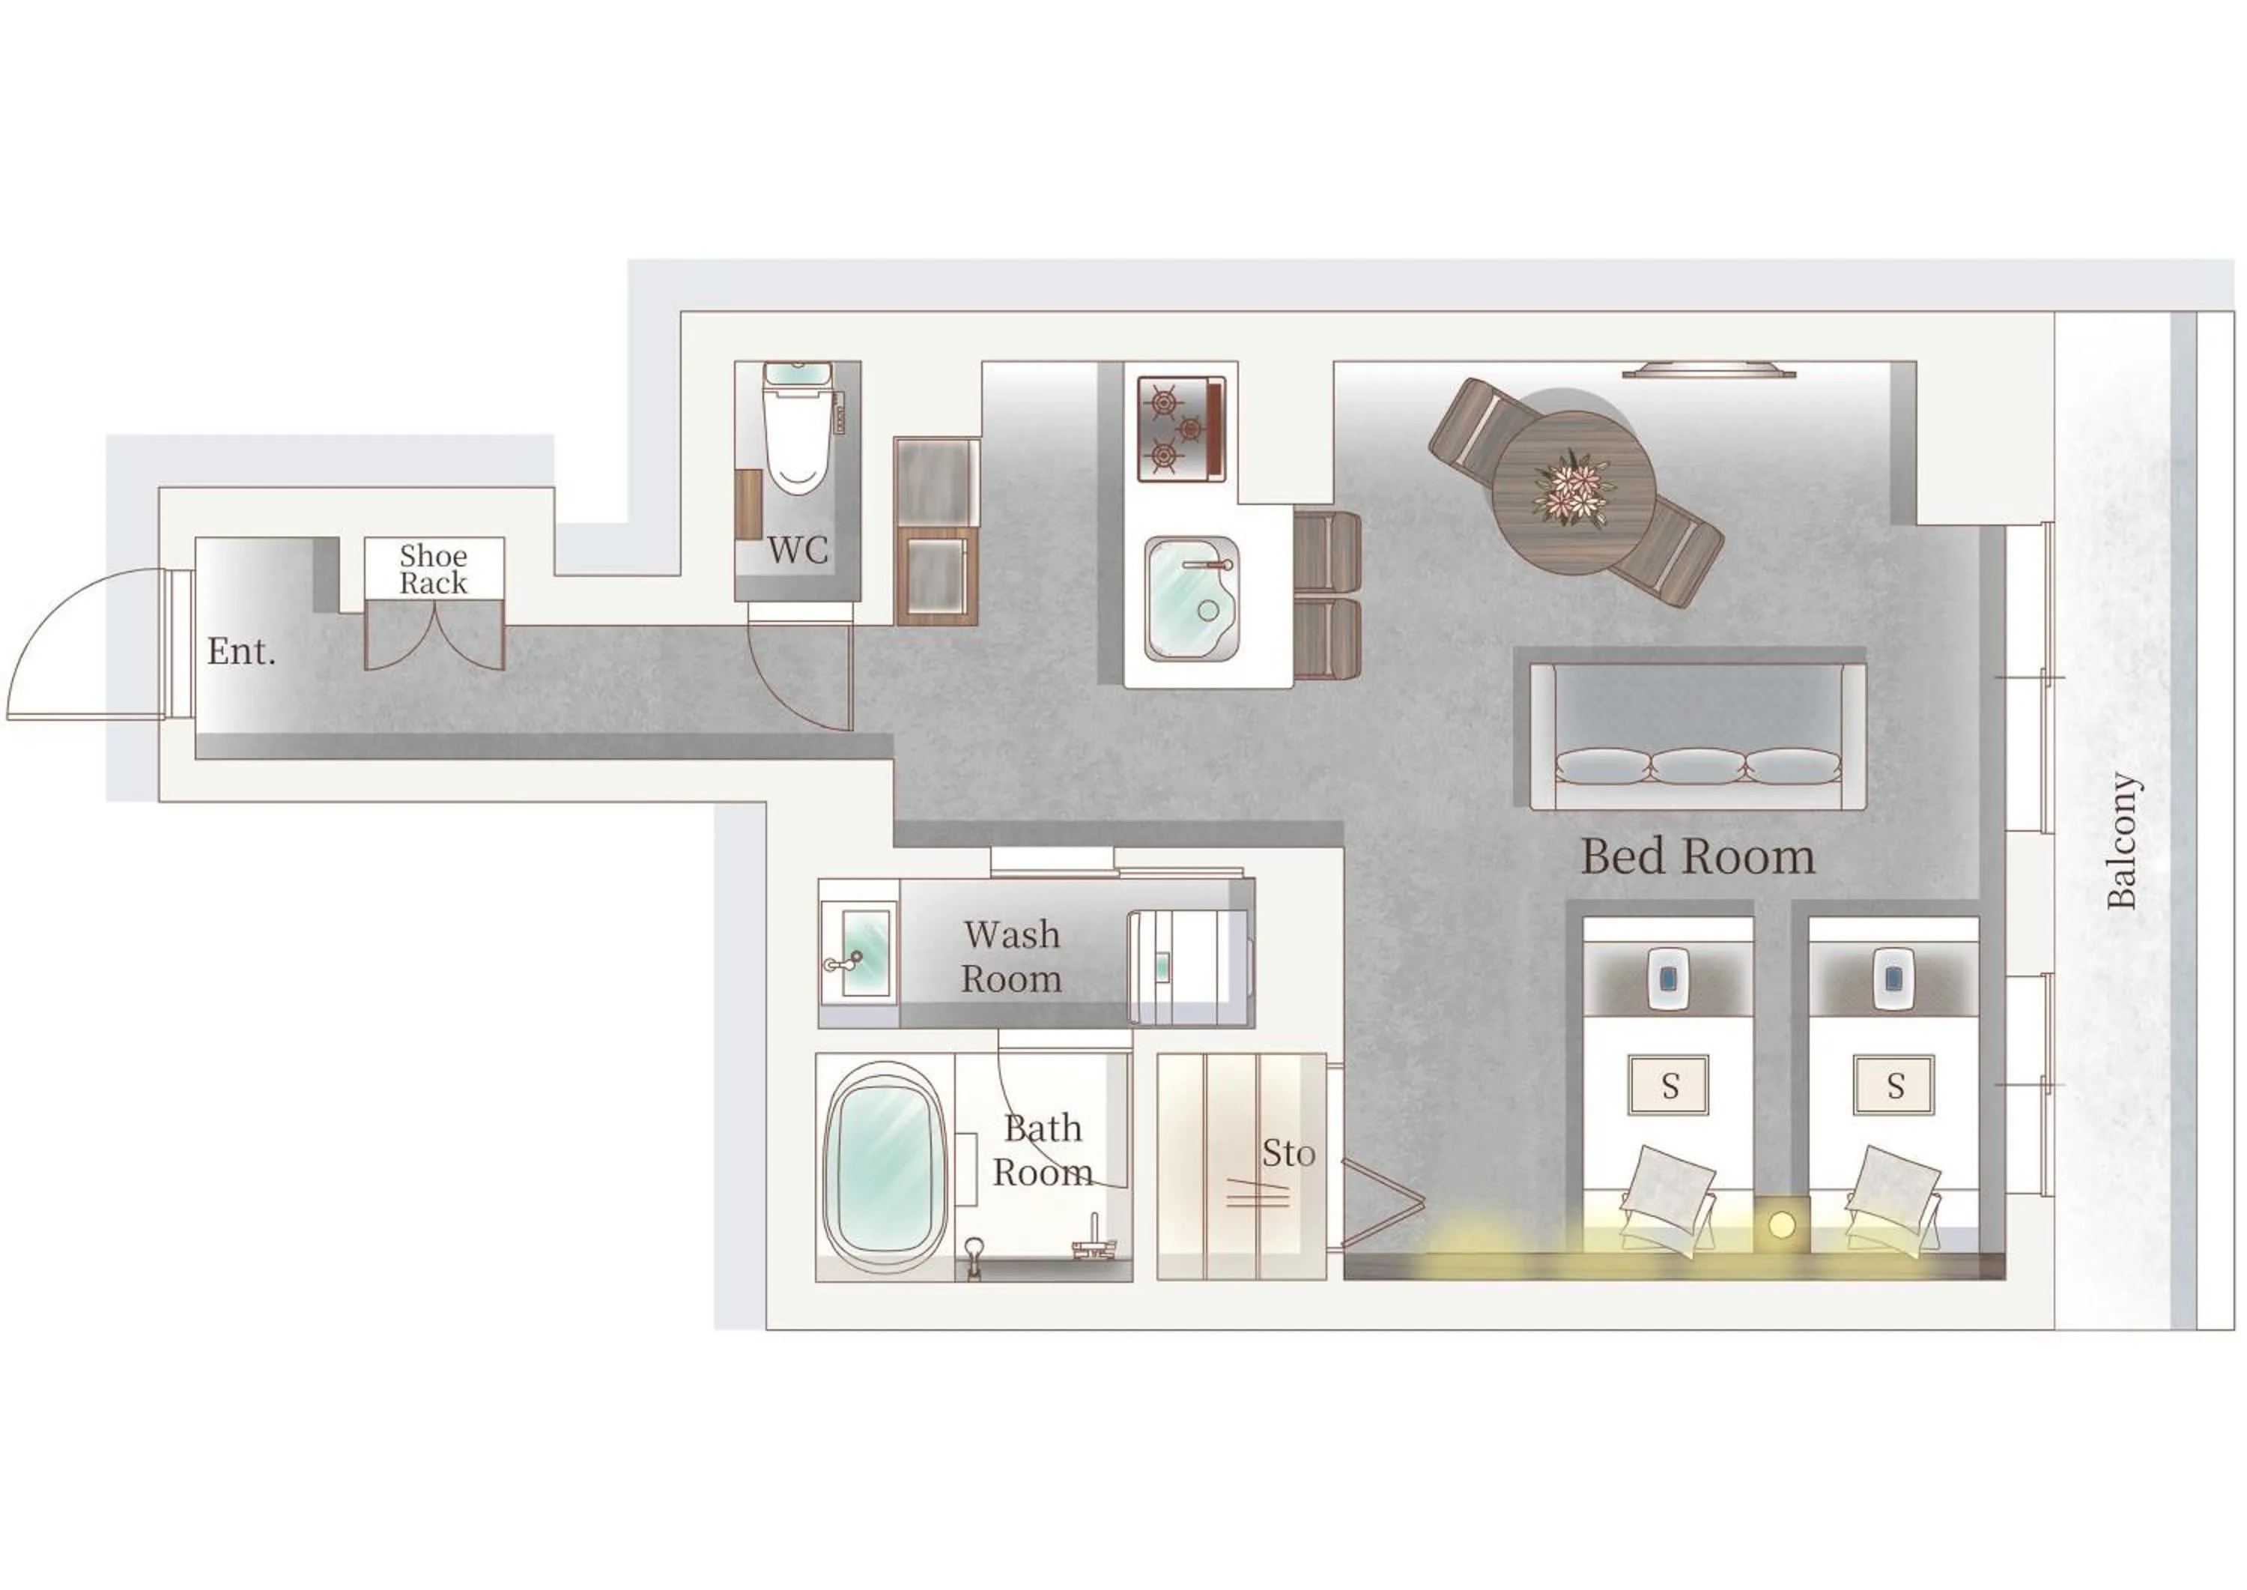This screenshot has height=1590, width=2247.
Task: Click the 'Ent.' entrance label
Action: pyautogui.click(x=240, y=652)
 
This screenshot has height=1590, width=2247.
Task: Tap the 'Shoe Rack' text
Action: pyautogui.click(x=434, y=569)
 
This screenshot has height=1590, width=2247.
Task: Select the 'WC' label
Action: pyautogui.click(x=798, y=550)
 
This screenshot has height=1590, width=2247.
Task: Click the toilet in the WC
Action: pyautogui.click(x=798, y=435)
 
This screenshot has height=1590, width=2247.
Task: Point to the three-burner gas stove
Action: pyautogui.click(x=1180, y=429)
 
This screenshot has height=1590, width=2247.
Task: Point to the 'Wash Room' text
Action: pyautogui.click(x=1011, y=957)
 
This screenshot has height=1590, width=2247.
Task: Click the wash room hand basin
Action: pyautogui.click(x=865, y=954)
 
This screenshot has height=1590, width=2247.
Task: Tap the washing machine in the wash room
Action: pyautogui.click(x=1189, y=967)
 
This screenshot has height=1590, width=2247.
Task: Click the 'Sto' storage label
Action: pyautogui.click(x=1288, y=1155)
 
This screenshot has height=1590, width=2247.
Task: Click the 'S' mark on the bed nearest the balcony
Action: pyautogui.click(x=1895, y=1086)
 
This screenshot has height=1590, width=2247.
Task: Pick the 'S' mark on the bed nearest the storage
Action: pyautogui.click(x=1670, y=1086)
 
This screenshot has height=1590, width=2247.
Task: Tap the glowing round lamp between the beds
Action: pyautogui.click(x=1781, y=1223)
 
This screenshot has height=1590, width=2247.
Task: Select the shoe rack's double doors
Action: pyautogui.click(x=434, y=636)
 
